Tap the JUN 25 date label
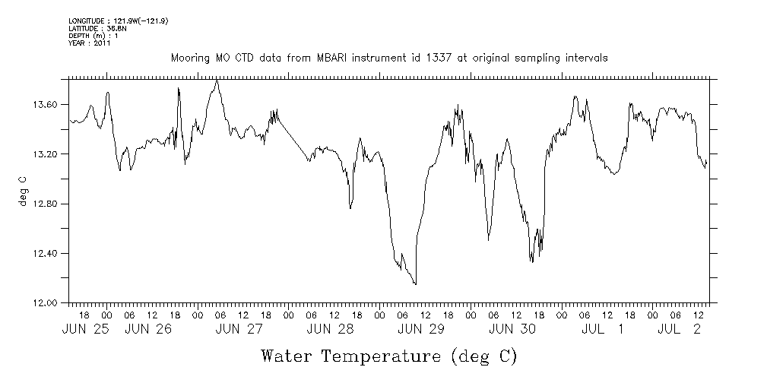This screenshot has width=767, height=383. [x=84, y=329]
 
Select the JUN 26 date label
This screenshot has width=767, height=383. [x=147, y=329]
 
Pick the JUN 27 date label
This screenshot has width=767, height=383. [x=239, y=329]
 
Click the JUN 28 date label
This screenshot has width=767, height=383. [x=330, y=329]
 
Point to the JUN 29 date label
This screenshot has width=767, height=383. [x=420, y=329]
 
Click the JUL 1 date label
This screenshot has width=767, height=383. [x=603, y=329]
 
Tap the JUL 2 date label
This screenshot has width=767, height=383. [x=679, y=329]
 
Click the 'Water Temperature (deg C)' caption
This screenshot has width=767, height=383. [x=389, y=356]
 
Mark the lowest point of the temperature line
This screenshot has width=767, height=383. [x=415, y=284]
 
